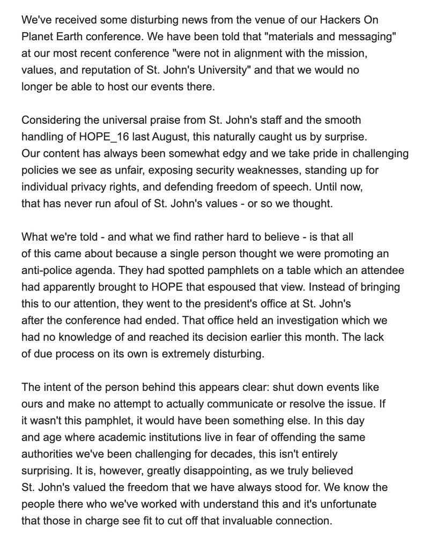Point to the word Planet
38,37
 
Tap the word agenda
103,270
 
